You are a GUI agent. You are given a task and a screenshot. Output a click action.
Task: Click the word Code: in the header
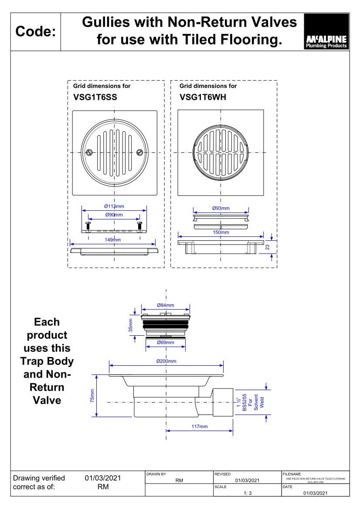pos(35,31)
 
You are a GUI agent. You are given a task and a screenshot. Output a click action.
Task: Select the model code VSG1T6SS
pos(95,98)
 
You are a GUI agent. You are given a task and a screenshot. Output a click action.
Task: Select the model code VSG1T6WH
pos(203,98)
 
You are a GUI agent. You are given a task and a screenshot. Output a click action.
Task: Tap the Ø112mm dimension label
pos(114,206)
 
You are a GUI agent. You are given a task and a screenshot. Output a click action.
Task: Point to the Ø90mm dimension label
pos(114,215)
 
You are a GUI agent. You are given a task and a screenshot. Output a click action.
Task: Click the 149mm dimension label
pos(113,240)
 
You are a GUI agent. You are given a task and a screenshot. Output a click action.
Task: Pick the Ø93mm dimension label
pos(221,208)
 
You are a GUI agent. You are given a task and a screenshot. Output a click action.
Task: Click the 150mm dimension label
pos(221,233)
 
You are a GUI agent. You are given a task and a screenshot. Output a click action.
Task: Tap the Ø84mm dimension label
pos(165,305)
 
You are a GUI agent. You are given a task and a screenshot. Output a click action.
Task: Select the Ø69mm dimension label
pos(166,343)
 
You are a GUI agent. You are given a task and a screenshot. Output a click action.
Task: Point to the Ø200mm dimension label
pos(166,361)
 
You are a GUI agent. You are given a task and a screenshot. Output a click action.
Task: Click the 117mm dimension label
pos(200,426)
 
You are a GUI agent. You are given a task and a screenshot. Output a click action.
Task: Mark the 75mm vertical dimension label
pos(92,396)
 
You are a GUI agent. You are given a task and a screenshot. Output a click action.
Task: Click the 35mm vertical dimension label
pos(131,326)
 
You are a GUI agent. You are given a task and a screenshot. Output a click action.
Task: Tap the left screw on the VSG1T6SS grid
pos(89,152)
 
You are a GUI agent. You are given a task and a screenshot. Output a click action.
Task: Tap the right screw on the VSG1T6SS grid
pos(139,152)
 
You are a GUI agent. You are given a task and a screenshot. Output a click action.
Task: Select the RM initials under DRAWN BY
pos(179,481)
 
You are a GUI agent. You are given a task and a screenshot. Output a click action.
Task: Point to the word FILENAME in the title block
pos(292,474)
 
